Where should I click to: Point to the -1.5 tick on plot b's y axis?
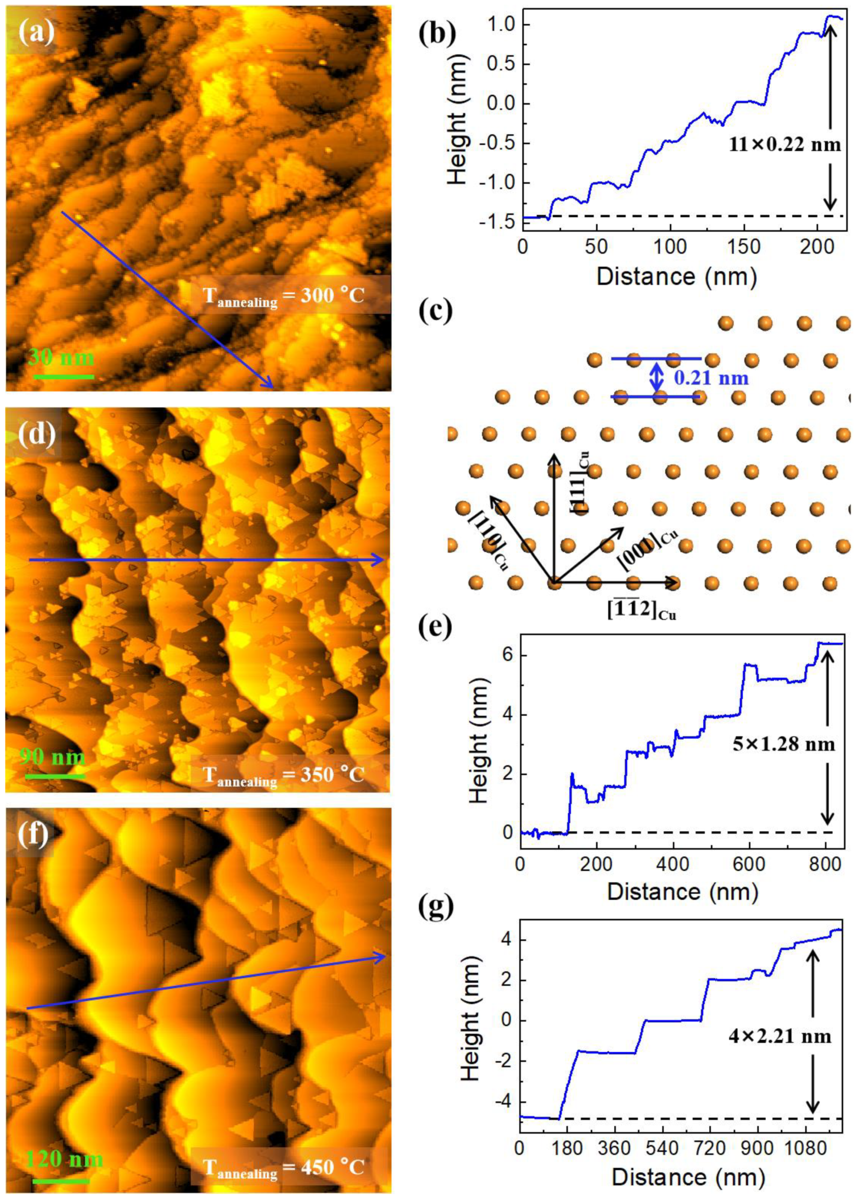point(497,223)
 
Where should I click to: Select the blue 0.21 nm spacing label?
point(711,377)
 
